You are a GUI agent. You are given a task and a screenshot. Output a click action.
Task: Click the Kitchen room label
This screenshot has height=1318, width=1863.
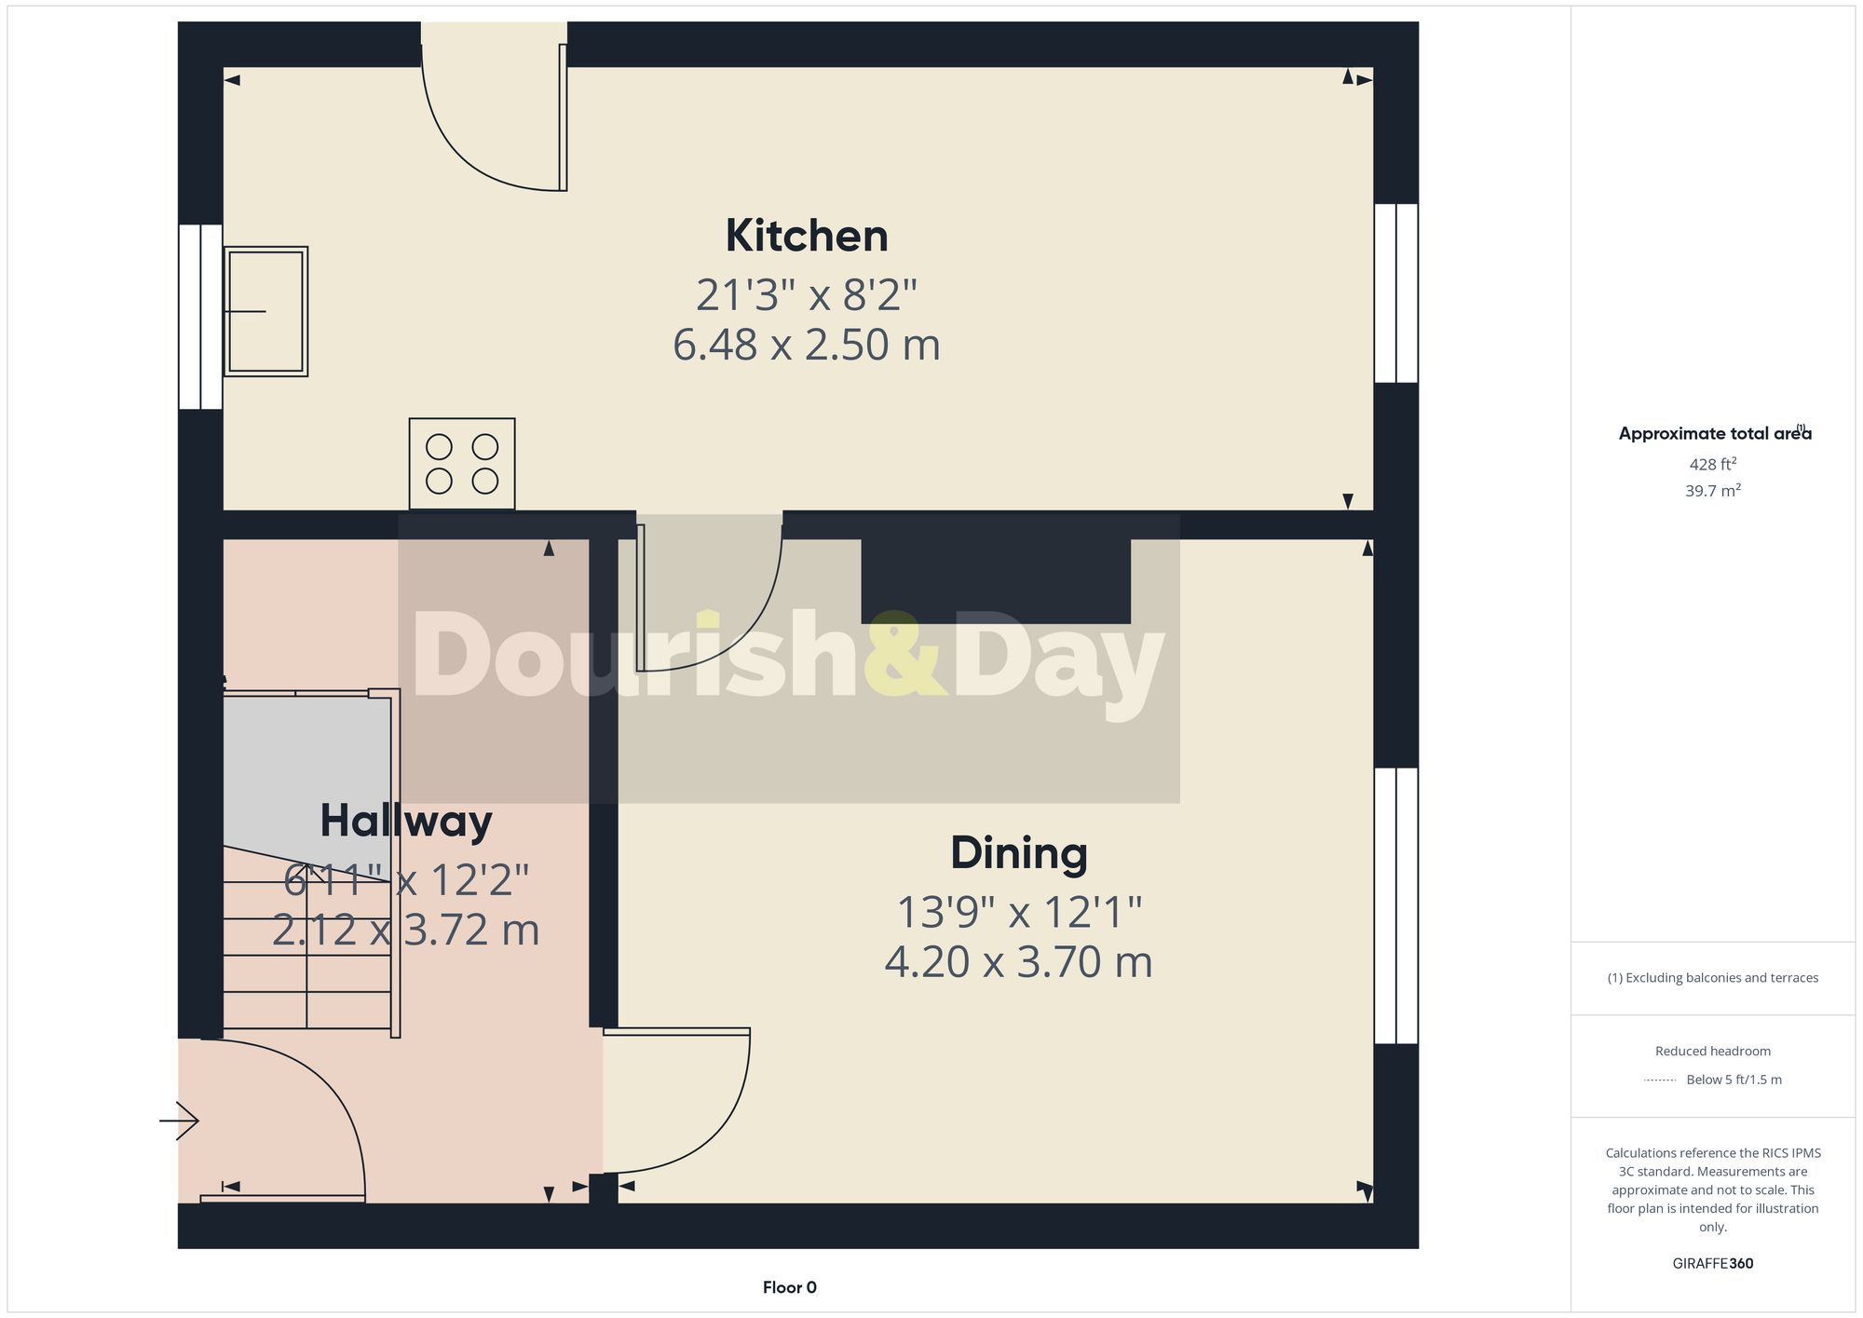point(807,236)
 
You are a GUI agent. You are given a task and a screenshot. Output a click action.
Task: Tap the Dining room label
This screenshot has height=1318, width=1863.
point(1018,853)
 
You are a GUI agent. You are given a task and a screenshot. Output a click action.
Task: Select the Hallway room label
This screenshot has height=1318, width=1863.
point(406,822)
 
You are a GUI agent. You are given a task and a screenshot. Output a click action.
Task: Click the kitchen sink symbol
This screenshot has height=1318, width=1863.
point(266,311)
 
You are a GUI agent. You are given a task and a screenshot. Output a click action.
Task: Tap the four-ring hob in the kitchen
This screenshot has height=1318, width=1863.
point(462,464)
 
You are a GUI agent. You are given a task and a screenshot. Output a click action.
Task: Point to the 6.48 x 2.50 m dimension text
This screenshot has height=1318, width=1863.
point(807,345)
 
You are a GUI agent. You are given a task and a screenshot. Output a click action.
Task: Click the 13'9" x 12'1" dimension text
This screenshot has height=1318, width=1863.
point(1018,912)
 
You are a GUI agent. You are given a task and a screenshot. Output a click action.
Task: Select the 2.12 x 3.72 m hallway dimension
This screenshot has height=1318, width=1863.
point(406,930)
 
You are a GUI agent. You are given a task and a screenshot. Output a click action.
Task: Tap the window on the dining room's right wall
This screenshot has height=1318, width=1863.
point(1395,905)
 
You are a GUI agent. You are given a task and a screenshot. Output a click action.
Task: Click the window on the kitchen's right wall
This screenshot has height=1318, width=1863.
point(1395,293)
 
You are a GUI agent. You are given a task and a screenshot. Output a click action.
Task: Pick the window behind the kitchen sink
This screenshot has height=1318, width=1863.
point(200,317)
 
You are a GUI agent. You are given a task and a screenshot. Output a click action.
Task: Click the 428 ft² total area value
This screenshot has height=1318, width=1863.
point(1712,464)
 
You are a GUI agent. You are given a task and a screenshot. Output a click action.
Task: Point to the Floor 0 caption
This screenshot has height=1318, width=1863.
point(789,1287)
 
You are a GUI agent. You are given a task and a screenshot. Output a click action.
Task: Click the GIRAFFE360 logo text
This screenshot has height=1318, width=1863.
point(1712,1263)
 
